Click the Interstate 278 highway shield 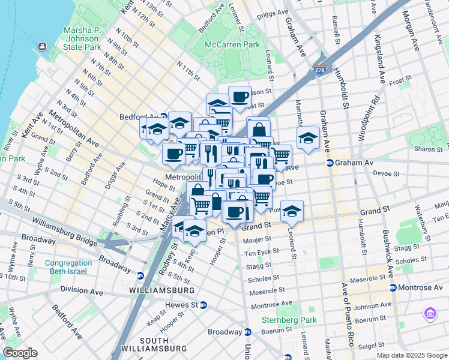[319, 70]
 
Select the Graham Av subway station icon [330, 163]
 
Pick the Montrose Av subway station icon [393, 288]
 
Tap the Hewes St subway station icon [203, 305]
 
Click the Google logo [20, 353]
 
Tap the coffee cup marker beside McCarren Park [240, 97]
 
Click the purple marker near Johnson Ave [430, 313]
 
